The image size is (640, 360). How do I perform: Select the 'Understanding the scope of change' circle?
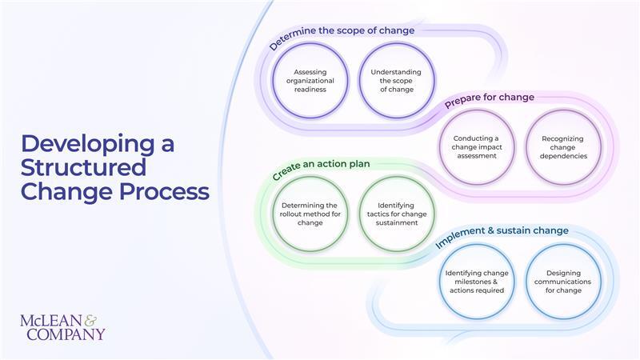[396, 80]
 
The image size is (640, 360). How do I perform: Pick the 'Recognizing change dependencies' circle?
[563, 147]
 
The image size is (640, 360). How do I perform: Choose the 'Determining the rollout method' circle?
[310, 214]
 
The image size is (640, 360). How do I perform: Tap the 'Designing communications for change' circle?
[563, 281]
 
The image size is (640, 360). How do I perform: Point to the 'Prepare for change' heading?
[490, 98]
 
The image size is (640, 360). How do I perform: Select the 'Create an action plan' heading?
[320, 168]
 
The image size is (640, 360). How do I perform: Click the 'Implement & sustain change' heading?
[502, 232]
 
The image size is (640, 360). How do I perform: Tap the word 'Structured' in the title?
[83, 168]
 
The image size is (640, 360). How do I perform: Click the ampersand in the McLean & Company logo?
[90, 319]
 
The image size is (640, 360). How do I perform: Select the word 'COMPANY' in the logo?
[66, 334]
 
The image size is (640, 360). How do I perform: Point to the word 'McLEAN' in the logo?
[50, 321]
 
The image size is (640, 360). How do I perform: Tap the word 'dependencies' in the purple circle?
[563, 156]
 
